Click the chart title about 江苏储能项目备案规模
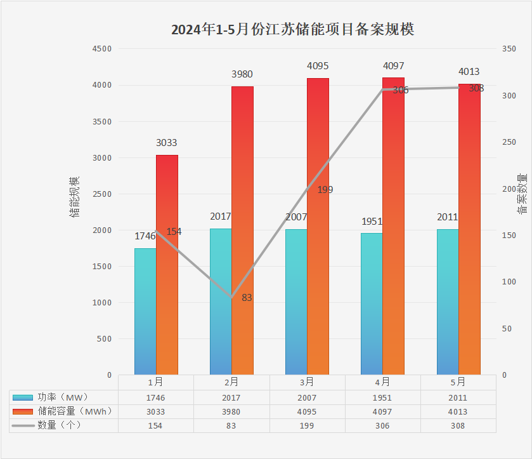(x=292, y=30)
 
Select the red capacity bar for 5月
(x=469, y=229)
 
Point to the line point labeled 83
(x=232, y=297)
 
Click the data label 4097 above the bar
(x=393, y=66)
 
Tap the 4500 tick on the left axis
(x=101, y=49)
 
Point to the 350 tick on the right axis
(x=508, y=49)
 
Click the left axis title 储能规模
(x=75, y=197)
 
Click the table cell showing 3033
(x=155, y=411)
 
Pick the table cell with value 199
(x=307, y=425)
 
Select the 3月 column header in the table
(x=307, y=382)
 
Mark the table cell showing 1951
(x=382, y=397)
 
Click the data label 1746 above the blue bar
(x=145, y=236)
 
